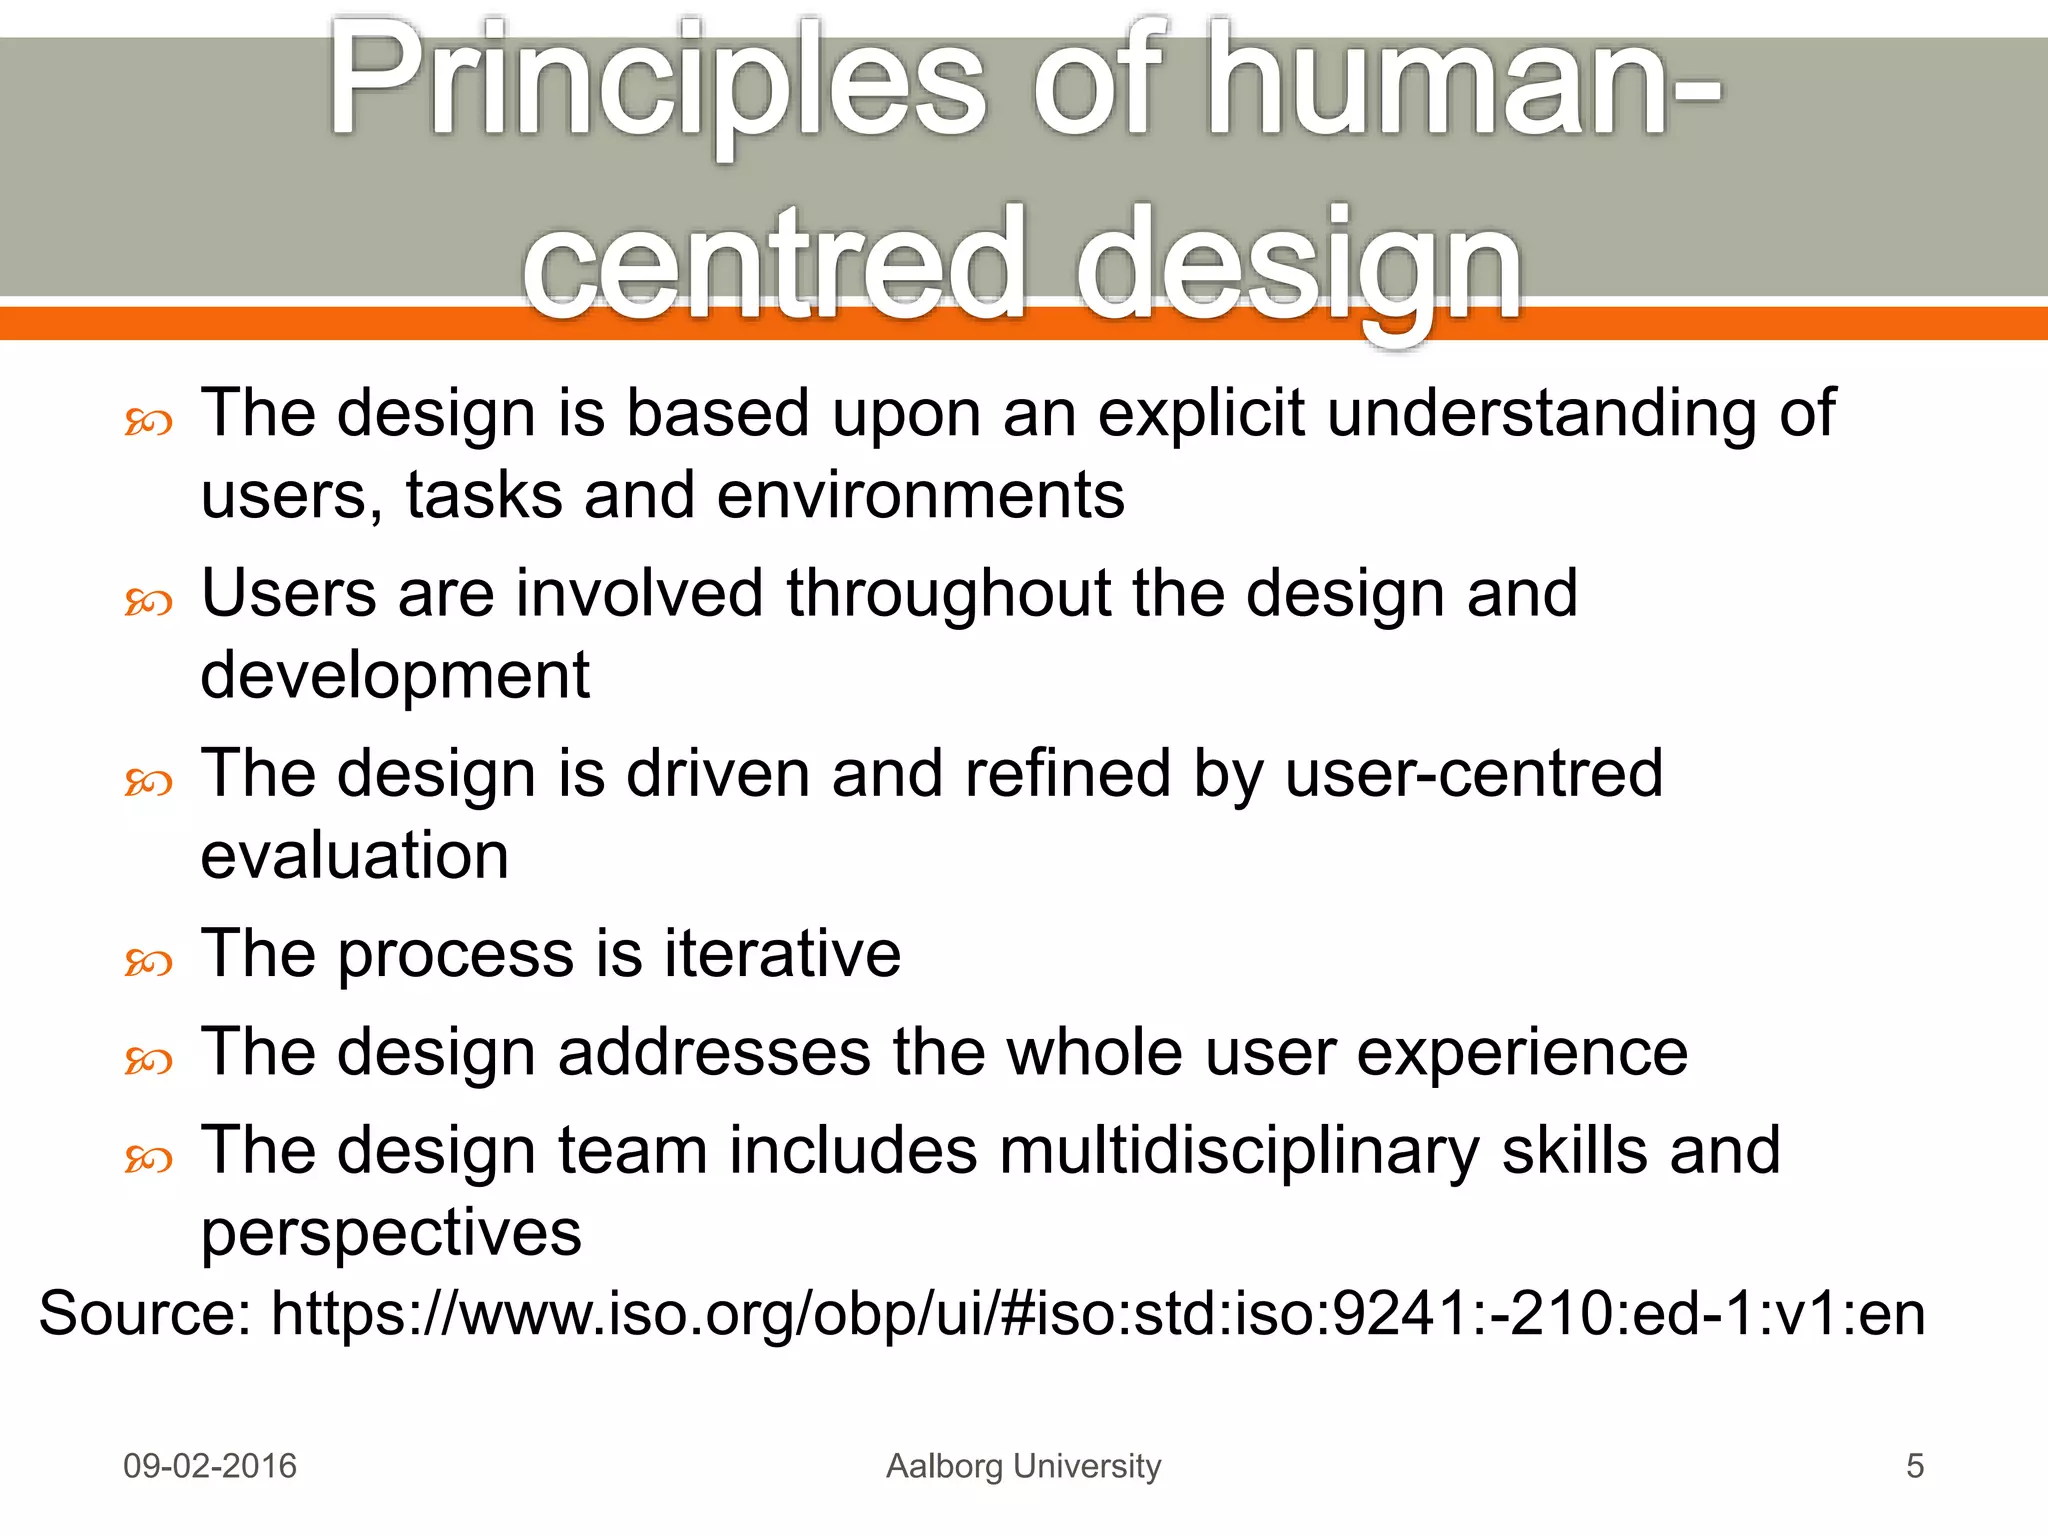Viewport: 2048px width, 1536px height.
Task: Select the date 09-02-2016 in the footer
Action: coord(210,1466)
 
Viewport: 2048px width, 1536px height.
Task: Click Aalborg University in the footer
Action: coord(1023,1466)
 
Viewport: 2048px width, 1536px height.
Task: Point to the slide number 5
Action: coord(1914,1466)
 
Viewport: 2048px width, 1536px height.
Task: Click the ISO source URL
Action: coord(1097,1313)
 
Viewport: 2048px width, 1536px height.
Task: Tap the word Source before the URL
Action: coord(144,1313)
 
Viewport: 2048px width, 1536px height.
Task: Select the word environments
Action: coord(920,495)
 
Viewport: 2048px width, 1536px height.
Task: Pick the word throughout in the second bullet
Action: coord(947,593)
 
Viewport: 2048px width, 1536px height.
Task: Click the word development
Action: coord(395,676)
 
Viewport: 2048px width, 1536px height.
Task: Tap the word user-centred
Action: coord(1473,774)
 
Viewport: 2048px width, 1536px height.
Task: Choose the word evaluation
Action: coord(355,856)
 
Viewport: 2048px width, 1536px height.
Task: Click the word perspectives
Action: coord(391,1233)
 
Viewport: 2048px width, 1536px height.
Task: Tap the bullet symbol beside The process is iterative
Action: coord(148,963)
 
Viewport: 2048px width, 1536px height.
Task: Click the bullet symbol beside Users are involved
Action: coord(148,602)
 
